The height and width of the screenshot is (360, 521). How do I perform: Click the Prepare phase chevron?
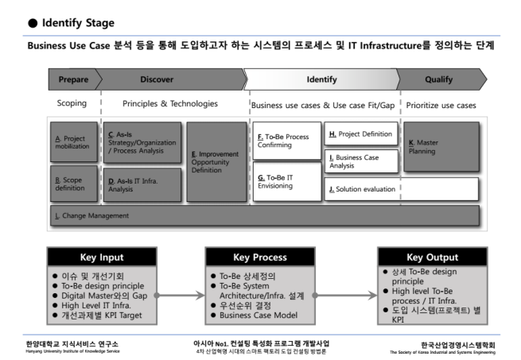tap(74, 79)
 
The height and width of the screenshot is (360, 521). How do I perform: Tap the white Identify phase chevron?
tap(321, 79)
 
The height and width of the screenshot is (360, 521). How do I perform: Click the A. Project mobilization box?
tap(74, 142)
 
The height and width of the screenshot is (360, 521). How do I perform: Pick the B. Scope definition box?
tap(74, 184)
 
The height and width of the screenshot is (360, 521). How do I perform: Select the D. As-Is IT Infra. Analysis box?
tap(142, 185)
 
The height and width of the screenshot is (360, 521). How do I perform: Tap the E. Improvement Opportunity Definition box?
tap(216, 162)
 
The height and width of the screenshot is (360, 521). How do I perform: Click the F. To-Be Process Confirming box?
tap(287, 141)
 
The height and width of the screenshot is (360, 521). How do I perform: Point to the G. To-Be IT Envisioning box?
tap(287, 181)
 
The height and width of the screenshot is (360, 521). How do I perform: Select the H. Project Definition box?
tap(361, 134)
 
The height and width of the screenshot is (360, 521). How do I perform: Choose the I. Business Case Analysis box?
tap(361, 161)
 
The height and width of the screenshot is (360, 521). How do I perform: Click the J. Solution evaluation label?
tap(362, 189)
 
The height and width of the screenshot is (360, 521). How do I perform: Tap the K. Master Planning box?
tap(441, 147)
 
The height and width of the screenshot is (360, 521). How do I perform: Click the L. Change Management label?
tap(91, 216)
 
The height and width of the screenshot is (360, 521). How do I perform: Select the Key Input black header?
tap(102, 257)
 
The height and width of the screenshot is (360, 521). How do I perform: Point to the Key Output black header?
tap(432, 257)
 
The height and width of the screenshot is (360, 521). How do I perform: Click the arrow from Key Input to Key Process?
tap(180, 296)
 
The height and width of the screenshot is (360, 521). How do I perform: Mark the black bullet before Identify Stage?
tap(33, 23)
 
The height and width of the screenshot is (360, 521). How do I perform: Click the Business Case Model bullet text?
tap(259, 315)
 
